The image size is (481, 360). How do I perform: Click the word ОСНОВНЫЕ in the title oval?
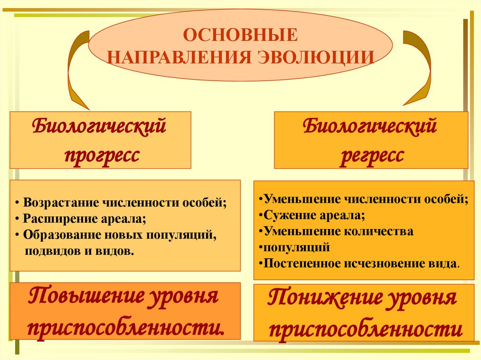[x=240, y=36]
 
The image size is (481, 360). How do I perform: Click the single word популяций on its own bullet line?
[x=296, y=247]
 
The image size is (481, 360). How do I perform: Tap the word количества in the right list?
[x=380, y=231]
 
